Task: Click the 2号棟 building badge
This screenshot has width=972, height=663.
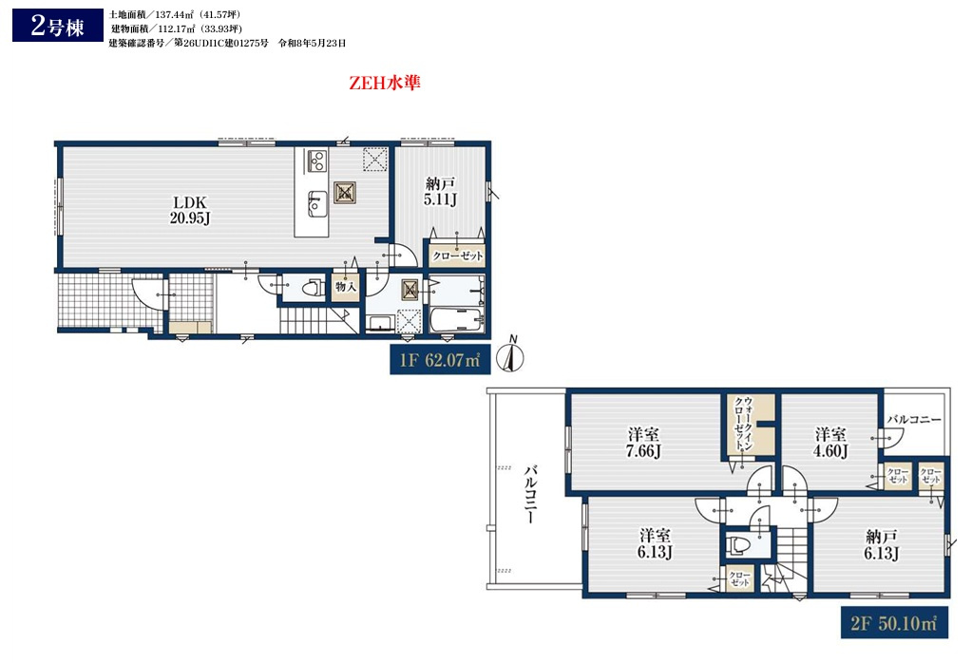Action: tap(58, 26)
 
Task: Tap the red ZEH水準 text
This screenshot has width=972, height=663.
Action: tap(385, 83)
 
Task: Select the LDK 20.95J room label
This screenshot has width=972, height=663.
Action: tap(190, 210)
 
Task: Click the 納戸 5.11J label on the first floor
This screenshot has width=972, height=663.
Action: tap(440, 192)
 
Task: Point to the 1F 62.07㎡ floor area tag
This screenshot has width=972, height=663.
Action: tap(440, 360)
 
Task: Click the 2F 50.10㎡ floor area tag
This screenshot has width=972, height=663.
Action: tap(894, 623)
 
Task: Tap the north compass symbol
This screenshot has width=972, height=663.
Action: tap(511, 355)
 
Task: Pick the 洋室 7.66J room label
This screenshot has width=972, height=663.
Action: tap(643, 443)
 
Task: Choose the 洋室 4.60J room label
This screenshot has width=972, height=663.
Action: tap(830, 443)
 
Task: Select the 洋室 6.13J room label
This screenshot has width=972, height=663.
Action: tap(656, 543)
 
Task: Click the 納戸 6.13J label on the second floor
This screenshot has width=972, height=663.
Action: tap(882, 544)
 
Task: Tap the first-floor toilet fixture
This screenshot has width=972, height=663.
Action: tap(313, 288)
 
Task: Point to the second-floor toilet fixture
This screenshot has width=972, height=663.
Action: tap(739, 545)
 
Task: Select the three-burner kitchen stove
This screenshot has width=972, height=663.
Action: tap(316, 161)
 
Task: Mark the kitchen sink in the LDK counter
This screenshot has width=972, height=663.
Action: tap(316, 203)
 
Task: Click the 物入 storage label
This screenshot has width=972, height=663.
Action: tap(345, 286)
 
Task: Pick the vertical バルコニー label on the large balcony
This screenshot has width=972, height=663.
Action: tap(530, 494)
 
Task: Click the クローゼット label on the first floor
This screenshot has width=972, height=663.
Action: tap(457, 256)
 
